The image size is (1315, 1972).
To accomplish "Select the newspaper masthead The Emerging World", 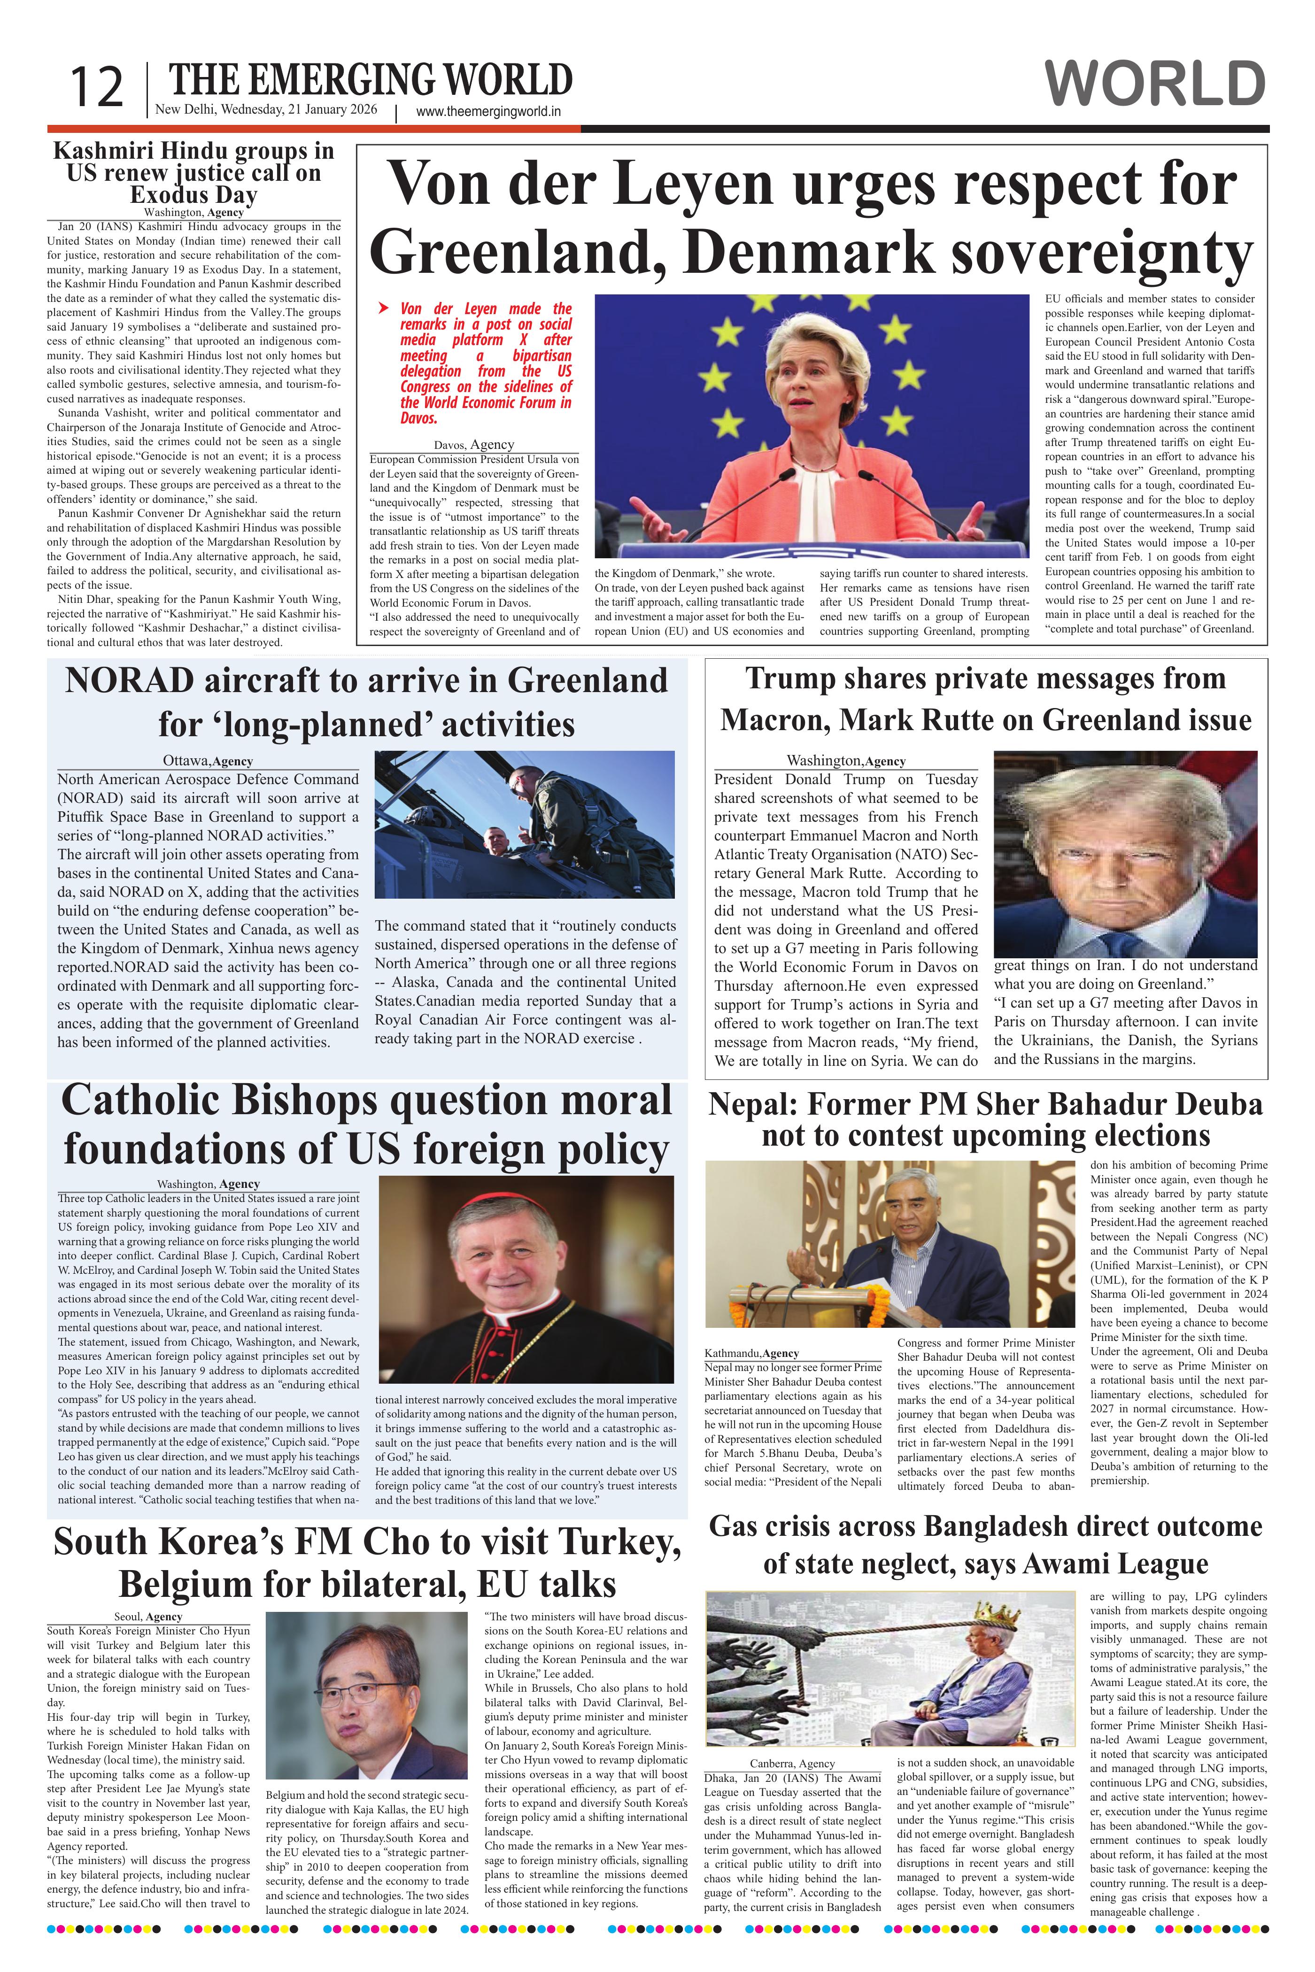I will click(371, 80).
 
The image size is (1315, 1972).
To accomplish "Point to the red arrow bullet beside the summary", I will click(383, 308).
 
